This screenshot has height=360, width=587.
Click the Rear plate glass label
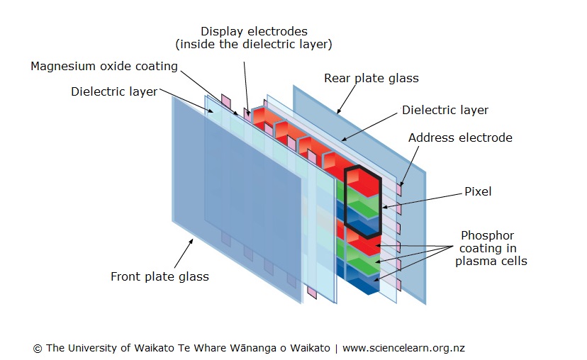tap(371, 78)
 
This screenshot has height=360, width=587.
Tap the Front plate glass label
tap(160, 276)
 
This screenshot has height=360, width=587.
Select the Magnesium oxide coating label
tap(104, 66)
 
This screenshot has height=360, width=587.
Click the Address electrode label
tap(460, 137)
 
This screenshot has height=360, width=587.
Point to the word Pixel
tap(478, 191)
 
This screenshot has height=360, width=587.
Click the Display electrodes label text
tap(254, 31)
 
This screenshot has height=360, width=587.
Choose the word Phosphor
tap(487, 235)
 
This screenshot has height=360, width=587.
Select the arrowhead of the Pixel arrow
tap(384, 207)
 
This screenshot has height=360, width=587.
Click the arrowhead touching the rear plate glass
tap(338, 113)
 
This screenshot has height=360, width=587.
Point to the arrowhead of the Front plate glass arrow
tap(194, 241)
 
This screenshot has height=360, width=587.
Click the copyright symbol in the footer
tap(38, 348)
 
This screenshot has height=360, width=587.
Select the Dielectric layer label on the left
tap(114, 91)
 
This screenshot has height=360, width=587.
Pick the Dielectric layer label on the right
tap(445, 110)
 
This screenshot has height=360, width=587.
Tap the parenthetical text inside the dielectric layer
tap(254, 44)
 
